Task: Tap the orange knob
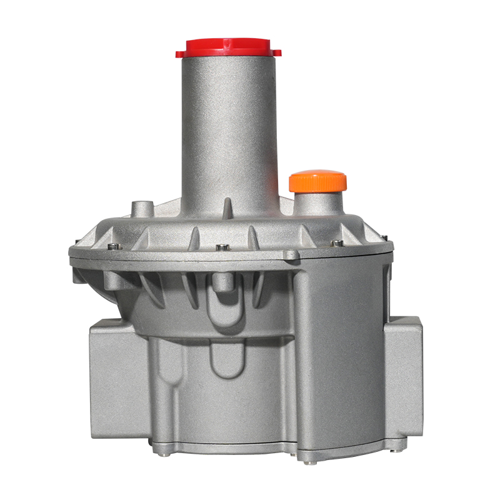(317, 181)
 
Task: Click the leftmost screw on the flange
(112, 246)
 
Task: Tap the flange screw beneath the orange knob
(337, 243)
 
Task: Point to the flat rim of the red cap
(228, 53)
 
